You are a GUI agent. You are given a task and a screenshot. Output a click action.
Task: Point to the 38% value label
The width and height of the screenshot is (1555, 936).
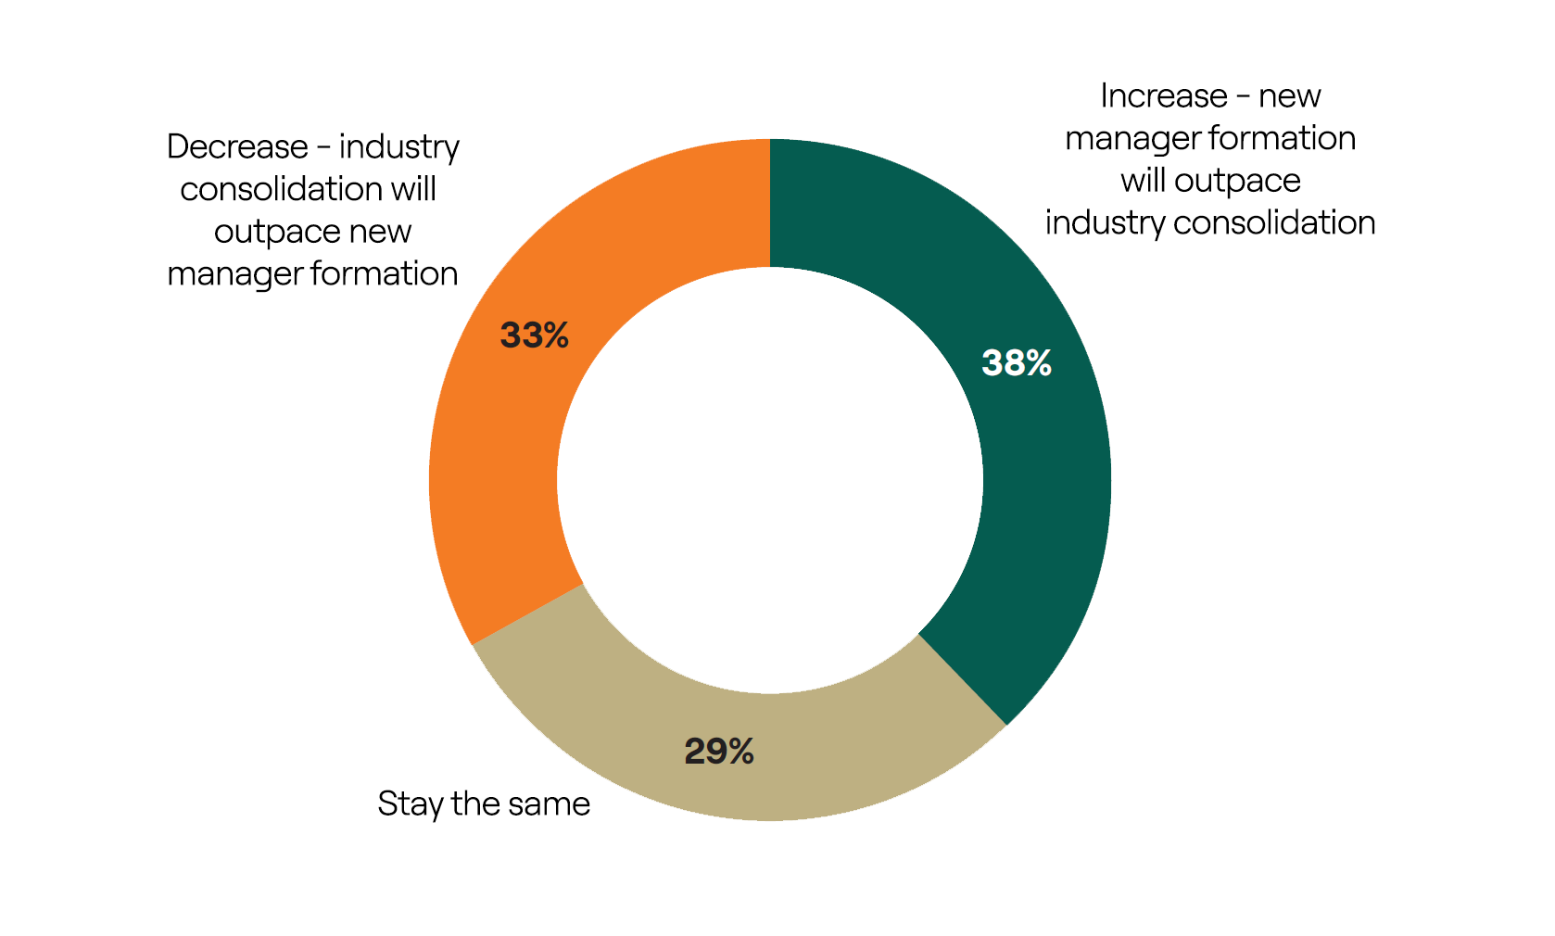pos(1017,362)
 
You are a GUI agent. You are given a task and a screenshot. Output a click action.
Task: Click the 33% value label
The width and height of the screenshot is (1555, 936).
pos(535,335)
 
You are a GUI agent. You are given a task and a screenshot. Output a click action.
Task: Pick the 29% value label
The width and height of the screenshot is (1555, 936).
pos(719,751)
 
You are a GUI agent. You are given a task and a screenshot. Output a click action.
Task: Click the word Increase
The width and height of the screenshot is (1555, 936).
pos(1164,96)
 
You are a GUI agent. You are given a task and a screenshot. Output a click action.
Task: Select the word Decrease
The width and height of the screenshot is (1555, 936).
pos(237,146)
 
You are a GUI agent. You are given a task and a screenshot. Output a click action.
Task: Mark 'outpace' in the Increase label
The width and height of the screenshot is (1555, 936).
pos(1237,182)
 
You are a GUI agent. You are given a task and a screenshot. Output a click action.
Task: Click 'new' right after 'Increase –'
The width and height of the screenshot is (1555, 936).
pos(1289,96)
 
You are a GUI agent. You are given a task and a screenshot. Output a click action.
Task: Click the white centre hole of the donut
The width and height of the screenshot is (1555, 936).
pos(770,480)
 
